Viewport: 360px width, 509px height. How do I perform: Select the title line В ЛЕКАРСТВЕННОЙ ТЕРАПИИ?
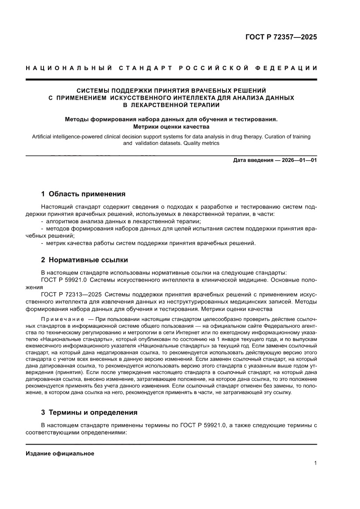(x=171, y=105)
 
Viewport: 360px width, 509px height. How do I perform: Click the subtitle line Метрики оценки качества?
(x=171, y=127)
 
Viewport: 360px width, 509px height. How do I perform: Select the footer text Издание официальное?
(x=60, y=453)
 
